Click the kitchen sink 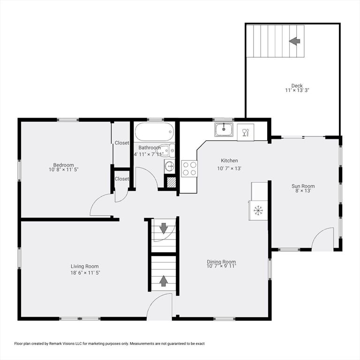(x=224, y=129)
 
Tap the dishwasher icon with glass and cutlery (x=246, y=133)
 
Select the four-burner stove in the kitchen (x=189, y=169)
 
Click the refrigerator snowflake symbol (x=258, y=211)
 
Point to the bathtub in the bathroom (x=154, y=132)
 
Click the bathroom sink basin (x=170, y=165)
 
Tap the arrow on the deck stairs (x=294, y=41)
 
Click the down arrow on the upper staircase (x=164, y=228)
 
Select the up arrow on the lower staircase (x=164, y=281)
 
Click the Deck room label (x=297, y=86)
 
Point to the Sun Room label (x=303, y=186)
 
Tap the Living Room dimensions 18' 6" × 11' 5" (x=85, y=273)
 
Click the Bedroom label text (x=64, y=165)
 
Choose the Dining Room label (x=221, y=262)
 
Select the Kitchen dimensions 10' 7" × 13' (x=229, y=168)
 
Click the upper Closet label (x=122, y=143)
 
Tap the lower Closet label (x=122, y=179)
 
